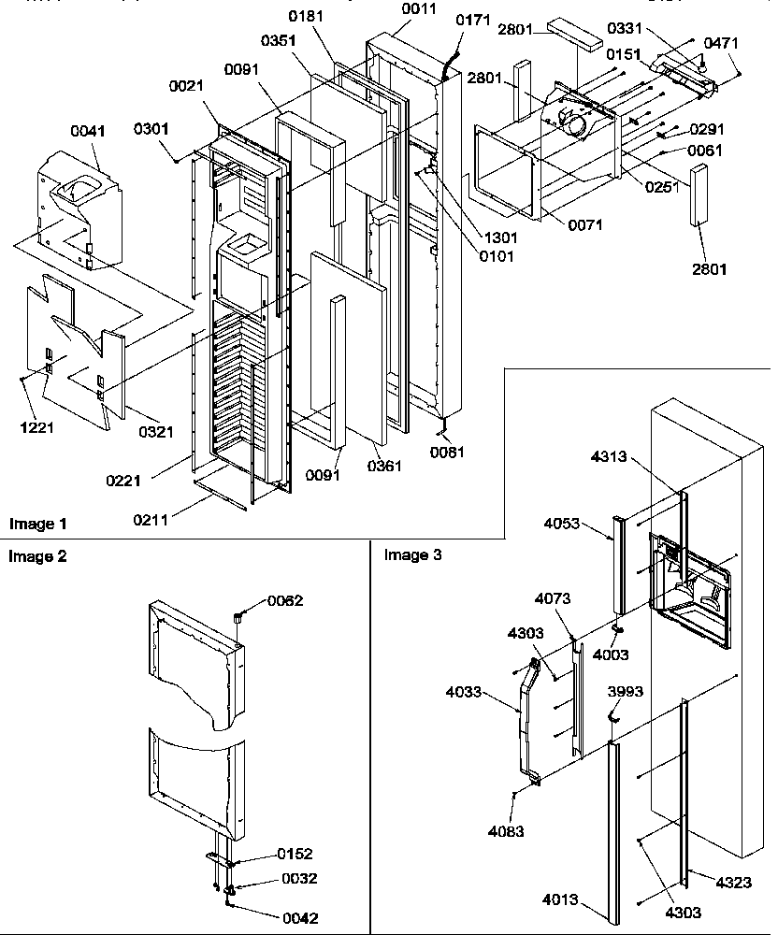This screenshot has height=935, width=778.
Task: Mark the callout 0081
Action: (446, 451)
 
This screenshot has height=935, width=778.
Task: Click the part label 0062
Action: (286, 600)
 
